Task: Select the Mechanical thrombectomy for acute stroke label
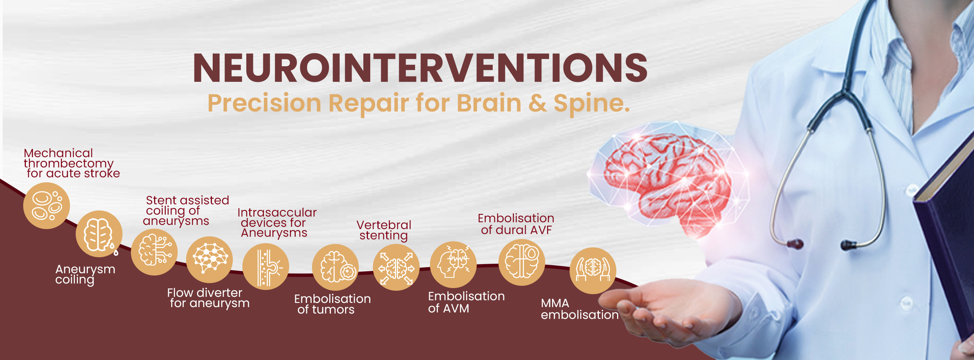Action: pyautogui.click(x=72, y=163)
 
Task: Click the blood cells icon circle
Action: pyautogui.click(x=46, y=205)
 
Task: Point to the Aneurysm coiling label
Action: pyautogui.click(x=85, y=274)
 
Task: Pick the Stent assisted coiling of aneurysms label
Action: pyautogui.click(x=186, y=211)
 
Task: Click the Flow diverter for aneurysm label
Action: pyautogui.click(x=208, y=298)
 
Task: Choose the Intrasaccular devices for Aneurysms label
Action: pyautogui.click(x=277, y=223)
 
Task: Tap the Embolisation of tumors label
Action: pyautogui.click(x=333, y=304)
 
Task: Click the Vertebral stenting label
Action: pyautogui.click(x=384, y=231)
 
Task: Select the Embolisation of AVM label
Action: pyautogui.click(x=466, y=302)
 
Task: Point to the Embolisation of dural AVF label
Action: pyautogui.click(x=516, y=224)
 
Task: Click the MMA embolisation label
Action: pyautogui.click(x=579, y=309)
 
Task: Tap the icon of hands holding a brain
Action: pyautogui.click(x=593, y=271)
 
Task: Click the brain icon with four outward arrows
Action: pyautogui.click(x=396, y=268)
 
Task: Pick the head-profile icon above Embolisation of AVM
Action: pyautogui.click(x=453, y=265)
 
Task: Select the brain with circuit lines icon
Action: pyautogui.click(x=154, y=252)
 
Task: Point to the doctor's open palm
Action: pyautogui.click(x=670, y=304)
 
